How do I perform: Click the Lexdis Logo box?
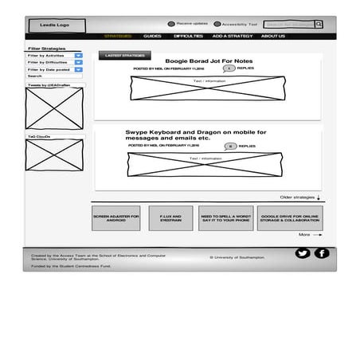(55, 25)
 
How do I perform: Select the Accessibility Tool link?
(237, 25)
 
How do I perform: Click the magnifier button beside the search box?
(319, 25)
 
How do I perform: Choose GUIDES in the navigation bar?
(152, 37)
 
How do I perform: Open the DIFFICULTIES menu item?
(188, 37)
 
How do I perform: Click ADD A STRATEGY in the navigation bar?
(233, 37)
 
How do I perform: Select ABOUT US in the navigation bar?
(272, 37)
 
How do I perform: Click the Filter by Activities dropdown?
(55, 56)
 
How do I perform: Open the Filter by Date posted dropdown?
(55, 69)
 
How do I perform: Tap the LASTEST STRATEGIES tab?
(123, 56)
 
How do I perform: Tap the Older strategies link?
(299, 197)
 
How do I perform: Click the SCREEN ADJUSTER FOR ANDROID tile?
(115, 217)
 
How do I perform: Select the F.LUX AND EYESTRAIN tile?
(170, 217)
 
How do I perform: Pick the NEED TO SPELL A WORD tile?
(225, 217)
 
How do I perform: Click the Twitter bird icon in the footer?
(302, 253)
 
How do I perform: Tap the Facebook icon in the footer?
(321, 253)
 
